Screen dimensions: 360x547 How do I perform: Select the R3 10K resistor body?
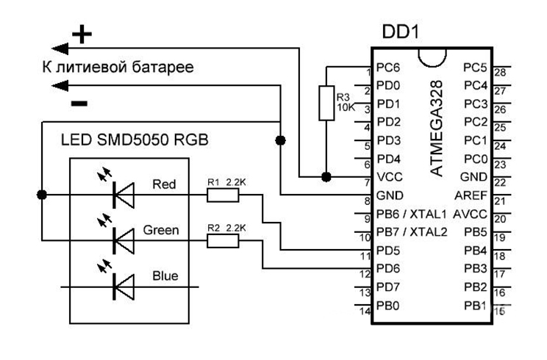(326, 103)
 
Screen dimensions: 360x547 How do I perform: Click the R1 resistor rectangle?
(221, 195)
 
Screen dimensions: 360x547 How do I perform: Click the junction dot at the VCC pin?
(326, 177)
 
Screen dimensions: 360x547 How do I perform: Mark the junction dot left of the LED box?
(42, 195)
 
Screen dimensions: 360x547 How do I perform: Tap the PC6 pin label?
(387, 68)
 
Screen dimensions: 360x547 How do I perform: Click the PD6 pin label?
(387, 268)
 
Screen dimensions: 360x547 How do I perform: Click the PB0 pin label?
(387, 305)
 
